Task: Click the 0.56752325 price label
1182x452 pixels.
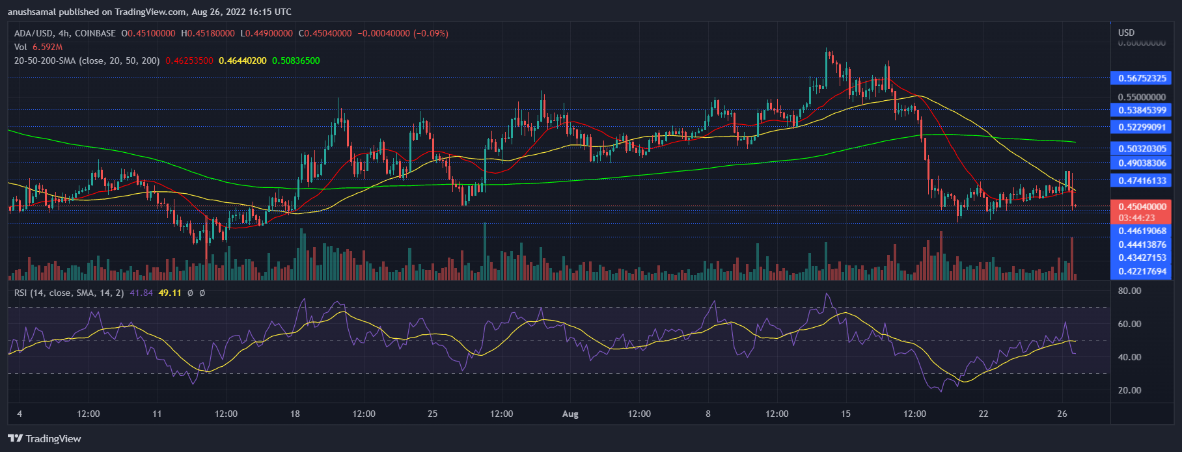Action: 1142,78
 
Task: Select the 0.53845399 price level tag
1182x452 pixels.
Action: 1142,110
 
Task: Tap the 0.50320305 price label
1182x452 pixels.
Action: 1142,148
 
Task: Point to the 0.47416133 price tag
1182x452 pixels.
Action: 1142,181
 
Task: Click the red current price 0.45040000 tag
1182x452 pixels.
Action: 1142,207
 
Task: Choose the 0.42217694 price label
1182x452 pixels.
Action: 1142,271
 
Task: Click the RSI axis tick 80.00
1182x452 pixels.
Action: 1129,291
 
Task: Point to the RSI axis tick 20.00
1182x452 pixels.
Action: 1129,390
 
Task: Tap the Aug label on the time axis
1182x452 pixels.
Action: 570,414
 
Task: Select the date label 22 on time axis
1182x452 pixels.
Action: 983,414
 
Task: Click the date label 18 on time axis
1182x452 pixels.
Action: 294,414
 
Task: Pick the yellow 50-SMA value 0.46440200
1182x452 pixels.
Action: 242,60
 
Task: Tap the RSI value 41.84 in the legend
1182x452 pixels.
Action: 141,293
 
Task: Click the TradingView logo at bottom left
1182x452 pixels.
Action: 44,438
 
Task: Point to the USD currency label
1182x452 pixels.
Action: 1126,33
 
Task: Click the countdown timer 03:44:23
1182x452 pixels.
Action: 1136,218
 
